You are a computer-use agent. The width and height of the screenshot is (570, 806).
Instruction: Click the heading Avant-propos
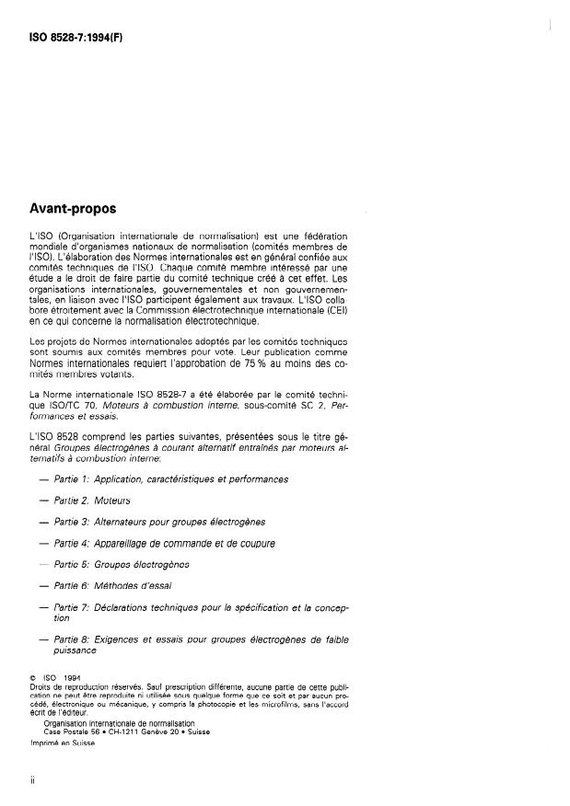pyautogui.click(x=76, y=209)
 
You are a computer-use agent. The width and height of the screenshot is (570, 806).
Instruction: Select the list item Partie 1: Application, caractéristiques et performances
pyautogui.click(x=171, y=478)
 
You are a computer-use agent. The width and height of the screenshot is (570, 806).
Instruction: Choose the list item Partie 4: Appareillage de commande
pyautogui.click(x=165, y=542)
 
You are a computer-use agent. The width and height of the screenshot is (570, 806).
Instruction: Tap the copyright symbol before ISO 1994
pyautogui.click(x=33, y=679)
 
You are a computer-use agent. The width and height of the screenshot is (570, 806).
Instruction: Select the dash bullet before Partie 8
pyautogui.click(x=44, y=638)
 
